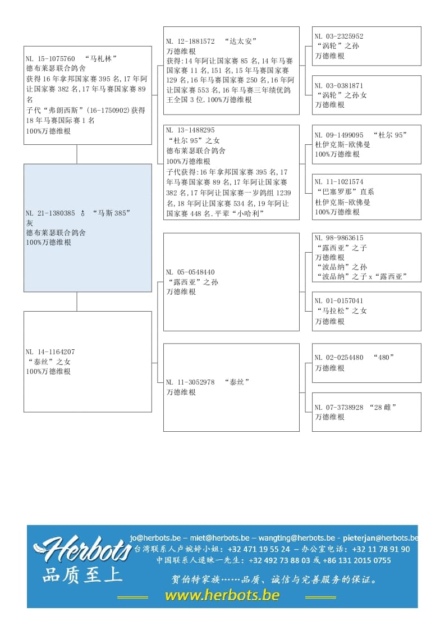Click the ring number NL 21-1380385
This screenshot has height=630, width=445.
(x=51, y=213)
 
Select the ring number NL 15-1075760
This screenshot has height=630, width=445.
(x=51, y=58)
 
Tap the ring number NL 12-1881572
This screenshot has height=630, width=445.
(x=190, y=41)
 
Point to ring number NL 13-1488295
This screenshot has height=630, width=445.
(x=190, y=130)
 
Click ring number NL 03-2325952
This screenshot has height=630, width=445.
(x=339, y=36)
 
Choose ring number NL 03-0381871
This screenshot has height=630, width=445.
(x=339, y=86)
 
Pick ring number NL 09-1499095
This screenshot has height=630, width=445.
(x=339, y=135)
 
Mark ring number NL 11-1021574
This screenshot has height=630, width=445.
(x=339, y=182)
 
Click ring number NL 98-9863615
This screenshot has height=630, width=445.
(x=339, y=238)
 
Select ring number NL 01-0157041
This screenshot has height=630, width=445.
(x=339, y=301)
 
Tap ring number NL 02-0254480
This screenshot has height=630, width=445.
(x=339, y=358)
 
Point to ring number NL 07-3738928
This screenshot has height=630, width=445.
(x=339, y=407)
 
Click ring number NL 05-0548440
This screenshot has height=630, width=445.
(x=190, y=272)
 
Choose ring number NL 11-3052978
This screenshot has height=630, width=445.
(x=190, y=382)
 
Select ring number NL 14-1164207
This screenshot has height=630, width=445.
(x=51, y=352)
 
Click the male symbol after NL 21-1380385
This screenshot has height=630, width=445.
(x=82, y=213)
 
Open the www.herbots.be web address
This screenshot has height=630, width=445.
(x=222, y=595)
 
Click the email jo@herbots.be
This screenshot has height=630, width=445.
(x=155, y=537)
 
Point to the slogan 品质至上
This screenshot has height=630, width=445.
(x=82, y=575)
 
